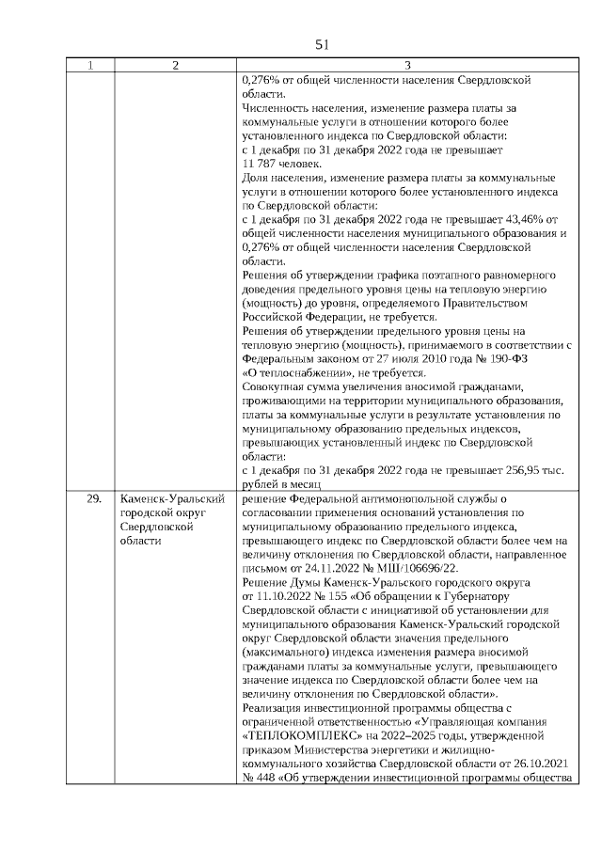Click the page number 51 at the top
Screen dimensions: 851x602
(322, 44)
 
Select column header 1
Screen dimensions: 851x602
(90, 66)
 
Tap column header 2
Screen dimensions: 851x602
(176, 66)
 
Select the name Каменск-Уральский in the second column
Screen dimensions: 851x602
(171, 499)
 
